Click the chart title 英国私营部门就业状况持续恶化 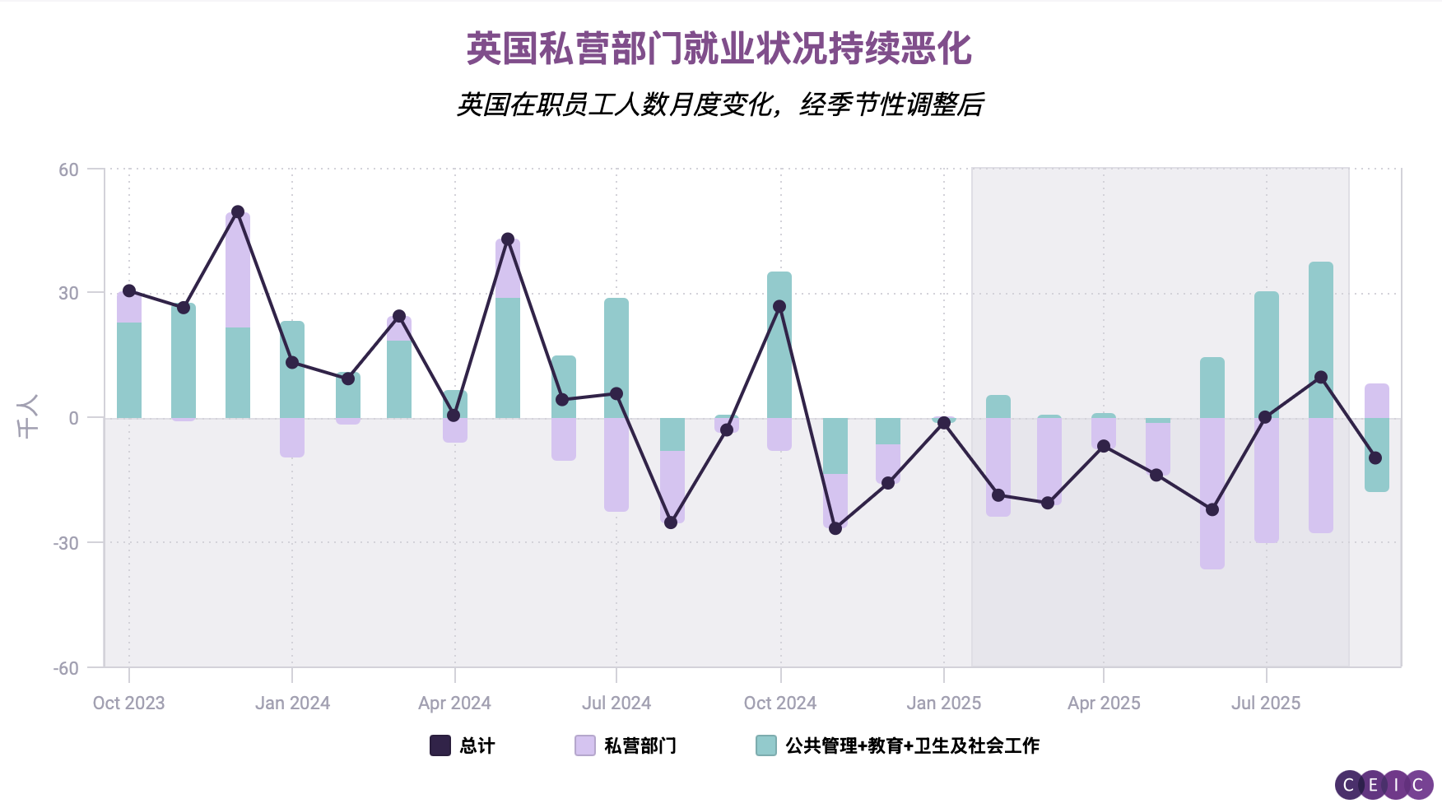(x=719, y=49)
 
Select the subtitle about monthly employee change (x=720, y=104)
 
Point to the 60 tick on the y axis (x=69, y=170)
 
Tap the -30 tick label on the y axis (x=66, y=543)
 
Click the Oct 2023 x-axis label (x=128, y=704)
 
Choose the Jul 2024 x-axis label (x=616, y=704)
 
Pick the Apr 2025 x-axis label (x=1104, y=704)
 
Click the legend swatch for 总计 (x=440, y=745)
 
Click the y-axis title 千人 (x=28, y=417)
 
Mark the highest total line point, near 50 (x=238, y=212)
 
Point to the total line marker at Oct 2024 (x=779, y=307)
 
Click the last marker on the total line (x=1375, y=458)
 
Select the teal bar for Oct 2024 (x=779, y=346)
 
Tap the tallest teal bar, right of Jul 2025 (x=1321, y=339)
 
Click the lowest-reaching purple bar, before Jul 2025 (x=1212, y=494)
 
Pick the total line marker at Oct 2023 (x=129, y=291)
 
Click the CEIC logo (x=1384, y=785)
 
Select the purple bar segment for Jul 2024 (x=616, y=465)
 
